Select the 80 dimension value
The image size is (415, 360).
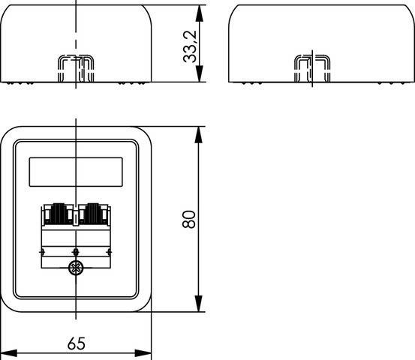tap(189, 219)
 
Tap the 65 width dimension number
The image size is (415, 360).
tap(76, 343)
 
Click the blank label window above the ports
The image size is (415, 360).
tap(75, 172)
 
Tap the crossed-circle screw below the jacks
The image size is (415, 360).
tap(75, 269)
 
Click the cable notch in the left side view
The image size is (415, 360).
tap(75, 69)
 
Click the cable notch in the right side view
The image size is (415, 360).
tap(311, 69)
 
